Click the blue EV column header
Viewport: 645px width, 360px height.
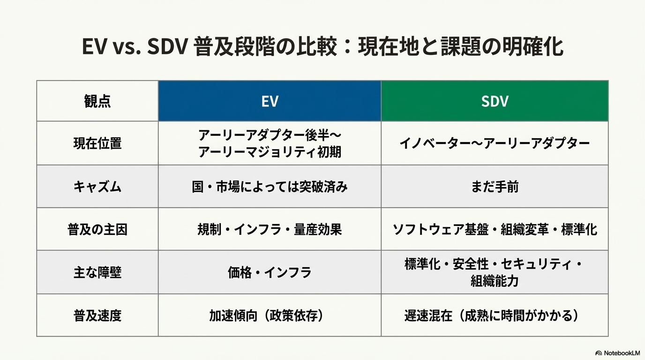pos(270,101)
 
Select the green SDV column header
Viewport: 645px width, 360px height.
pos(495,101)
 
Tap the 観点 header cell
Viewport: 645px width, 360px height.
pos(97,101)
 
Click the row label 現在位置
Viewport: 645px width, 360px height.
pos(97,143)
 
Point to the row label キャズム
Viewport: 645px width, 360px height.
pos(97,187)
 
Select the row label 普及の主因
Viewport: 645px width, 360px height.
pos(97,230)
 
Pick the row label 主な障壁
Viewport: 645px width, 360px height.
pos(97,272)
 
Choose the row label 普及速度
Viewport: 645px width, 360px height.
pos(97,315)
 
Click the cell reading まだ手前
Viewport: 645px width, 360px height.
pos(495,187)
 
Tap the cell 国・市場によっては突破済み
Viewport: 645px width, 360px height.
pos(270,187)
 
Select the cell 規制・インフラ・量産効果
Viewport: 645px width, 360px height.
pos(270,230)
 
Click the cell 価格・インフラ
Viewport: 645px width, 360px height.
pos(270,272)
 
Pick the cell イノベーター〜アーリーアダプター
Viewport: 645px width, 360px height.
pos(495,143)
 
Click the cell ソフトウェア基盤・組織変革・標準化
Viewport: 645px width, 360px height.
pos(495,230)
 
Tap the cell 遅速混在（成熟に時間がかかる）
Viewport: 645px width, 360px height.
pos(492,315)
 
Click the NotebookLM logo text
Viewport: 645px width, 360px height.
pos(622,353)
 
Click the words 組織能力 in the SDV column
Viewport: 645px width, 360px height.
pos(495,281)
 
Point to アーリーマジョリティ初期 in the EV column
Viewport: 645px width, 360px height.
pos(270,152)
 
